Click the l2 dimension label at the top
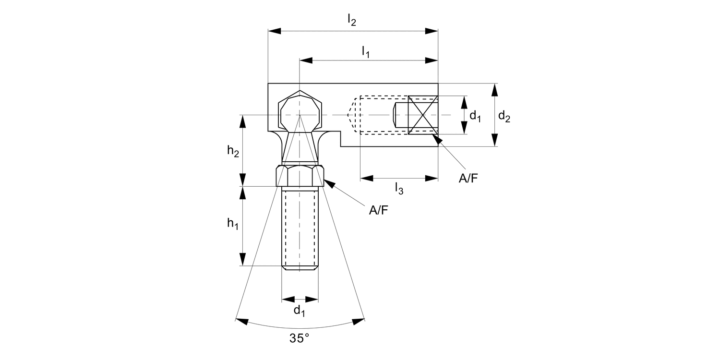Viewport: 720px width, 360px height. coord(352,21)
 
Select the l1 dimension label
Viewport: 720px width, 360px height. coord(366,52)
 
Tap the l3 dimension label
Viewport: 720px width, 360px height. coord(398,189)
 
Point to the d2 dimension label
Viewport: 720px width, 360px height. coord(504,116)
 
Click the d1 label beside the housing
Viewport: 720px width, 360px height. coord(475,116)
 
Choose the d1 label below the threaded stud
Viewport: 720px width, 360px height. coord(299,311)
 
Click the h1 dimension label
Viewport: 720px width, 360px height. coord(233,224)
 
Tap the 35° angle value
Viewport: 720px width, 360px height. coord(299,338)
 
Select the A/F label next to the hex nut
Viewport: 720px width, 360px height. coord(378,210)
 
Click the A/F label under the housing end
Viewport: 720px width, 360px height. coord(468,179)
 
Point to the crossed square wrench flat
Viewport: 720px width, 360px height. coord(423,115)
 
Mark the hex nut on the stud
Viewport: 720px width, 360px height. coord(300,176)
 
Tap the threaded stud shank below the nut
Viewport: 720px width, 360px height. coord(300,228)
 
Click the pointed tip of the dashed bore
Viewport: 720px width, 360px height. coord(348,115)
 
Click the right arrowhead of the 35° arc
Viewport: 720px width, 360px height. coord(359,321)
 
